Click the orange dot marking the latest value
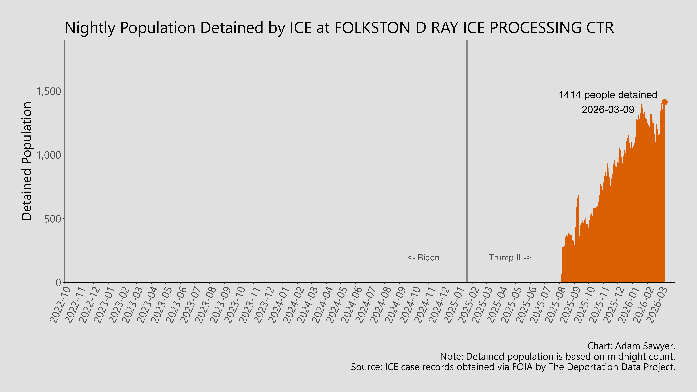[665, 102]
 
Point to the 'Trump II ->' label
[510, 258]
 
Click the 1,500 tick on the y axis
[49, 91]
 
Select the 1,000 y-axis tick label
[49, 155]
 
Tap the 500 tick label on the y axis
[53, 219]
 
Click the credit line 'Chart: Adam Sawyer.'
[631, 346]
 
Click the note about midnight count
[557, 357]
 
